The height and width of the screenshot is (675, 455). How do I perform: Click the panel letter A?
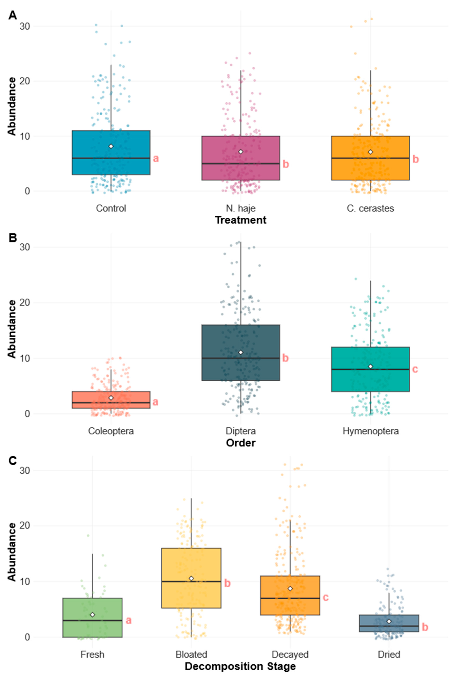[x=12, y=15]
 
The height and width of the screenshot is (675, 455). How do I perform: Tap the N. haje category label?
[x=241, y=208]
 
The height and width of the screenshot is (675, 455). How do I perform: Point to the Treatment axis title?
[x=241, y=220]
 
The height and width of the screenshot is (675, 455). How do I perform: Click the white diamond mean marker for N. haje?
[x=241, y=152]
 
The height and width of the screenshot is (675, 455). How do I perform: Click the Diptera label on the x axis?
[x=241, y=431]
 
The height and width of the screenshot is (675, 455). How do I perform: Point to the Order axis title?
[x=241, y=443]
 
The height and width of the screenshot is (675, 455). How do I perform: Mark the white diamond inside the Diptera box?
[x=241, y=352]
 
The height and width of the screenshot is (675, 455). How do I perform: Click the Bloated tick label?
[x=191, y=654]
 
